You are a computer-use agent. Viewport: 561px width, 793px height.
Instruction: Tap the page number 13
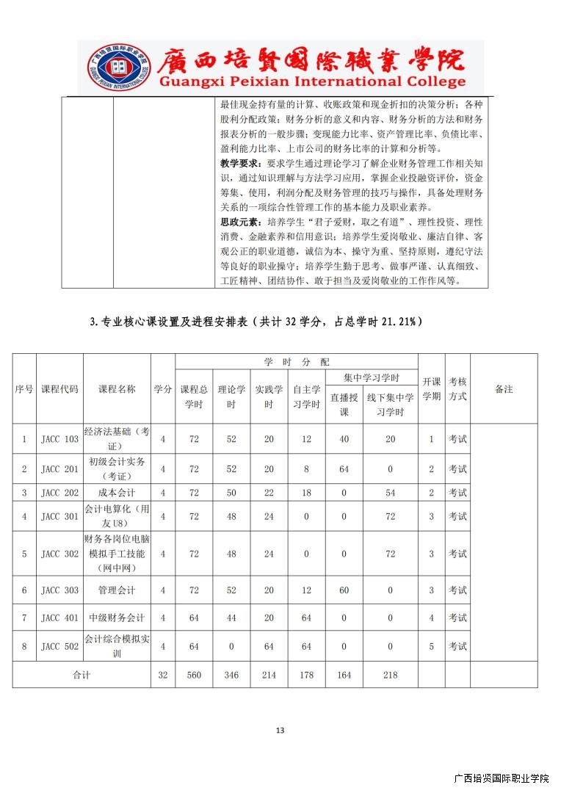click(x=280, y=730)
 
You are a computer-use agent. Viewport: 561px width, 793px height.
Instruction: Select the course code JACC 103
click(x=59, y=439)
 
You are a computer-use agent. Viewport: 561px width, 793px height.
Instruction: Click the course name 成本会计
click(x=117, y=493)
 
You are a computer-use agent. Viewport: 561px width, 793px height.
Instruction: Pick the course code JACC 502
click(x=59, y=646)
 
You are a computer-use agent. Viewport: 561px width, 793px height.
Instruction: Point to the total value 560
click(x=194, y=675)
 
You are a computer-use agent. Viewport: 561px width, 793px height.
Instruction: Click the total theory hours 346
click(x=232, y=675)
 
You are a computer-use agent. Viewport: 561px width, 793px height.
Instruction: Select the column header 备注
click(x=504, y=389)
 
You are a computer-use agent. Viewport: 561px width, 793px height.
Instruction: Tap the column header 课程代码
click(x=59, y=389)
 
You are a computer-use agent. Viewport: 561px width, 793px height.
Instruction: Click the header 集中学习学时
click(x=372, y=377)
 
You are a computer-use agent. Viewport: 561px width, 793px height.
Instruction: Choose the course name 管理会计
click(x=117, y=590)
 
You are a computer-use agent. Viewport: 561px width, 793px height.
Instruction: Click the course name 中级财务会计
click(x=117, y=618)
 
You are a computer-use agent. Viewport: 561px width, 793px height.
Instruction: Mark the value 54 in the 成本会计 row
click(x=390, y=493)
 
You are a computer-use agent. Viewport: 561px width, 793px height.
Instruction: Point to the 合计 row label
click(x=82, y=675)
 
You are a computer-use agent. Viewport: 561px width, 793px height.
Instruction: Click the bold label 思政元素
click(x=239, y=222)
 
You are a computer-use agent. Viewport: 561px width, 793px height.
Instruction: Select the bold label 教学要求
click(x=239, y=162)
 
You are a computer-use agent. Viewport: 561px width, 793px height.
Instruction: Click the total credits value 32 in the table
click(x=163, y=675)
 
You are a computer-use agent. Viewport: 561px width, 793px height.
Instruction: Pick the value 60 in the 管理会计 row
click(x=344, y=590)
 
